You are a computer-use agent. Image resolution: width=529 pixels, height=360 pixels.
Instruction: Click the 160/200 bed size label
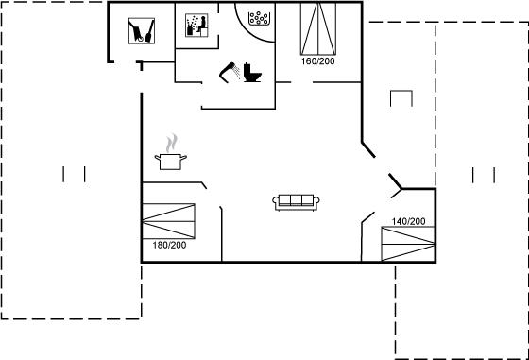[317, 61]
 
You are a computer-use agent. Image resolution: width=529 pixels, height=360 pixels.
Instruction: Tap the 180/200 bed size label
[169, 245]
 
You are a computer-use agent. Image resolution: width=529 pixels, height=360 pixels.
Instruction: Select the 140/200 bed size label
[408, 221]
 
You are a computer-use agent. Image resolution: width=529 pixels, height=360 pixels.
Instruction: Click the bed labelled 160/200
[318, 28]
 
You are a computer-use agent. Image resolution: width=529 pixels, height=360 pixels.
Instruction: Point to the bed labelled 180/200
[169, 221]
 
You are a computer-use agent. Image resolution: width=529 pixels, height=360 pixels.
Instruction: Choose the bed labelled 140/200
[408, 244]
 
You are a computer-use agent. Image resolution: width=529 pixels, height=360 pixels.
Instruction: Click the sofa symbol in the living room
[296, 202]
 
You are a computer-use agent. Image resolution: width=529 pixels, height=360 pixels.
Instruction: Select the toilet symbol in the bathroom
[252, 73]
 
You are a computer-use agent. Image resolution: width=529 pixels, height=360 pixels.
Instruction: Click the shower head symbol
[230, 72]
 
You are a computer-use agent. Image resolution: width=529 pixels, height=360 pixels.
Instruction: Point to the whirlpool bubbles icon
[259, 18]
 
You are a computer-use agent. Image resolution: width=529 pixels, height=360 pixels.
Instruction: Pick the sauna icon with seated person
[196, 26]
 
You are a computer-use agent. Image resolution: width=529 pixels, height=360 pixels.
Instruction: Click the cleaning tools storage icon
[142, 31]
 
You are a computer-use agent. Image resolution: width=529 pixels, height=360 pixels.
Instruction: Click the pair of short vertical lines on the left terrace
[74, 174]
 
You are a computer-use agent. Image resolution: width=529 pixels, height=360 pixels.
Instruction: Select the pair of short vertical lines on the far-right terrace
[484, 175]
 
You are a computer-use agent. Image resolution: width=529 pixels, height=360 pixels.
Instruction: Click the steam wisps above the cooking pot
[171, 143]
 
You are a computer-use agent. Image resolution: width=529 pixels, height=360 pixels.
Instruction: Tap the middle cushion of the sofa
[296, 200]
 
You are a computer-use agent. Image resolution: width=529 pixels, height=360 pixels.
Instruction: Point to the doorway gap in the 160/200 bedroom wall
[301, 82]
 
